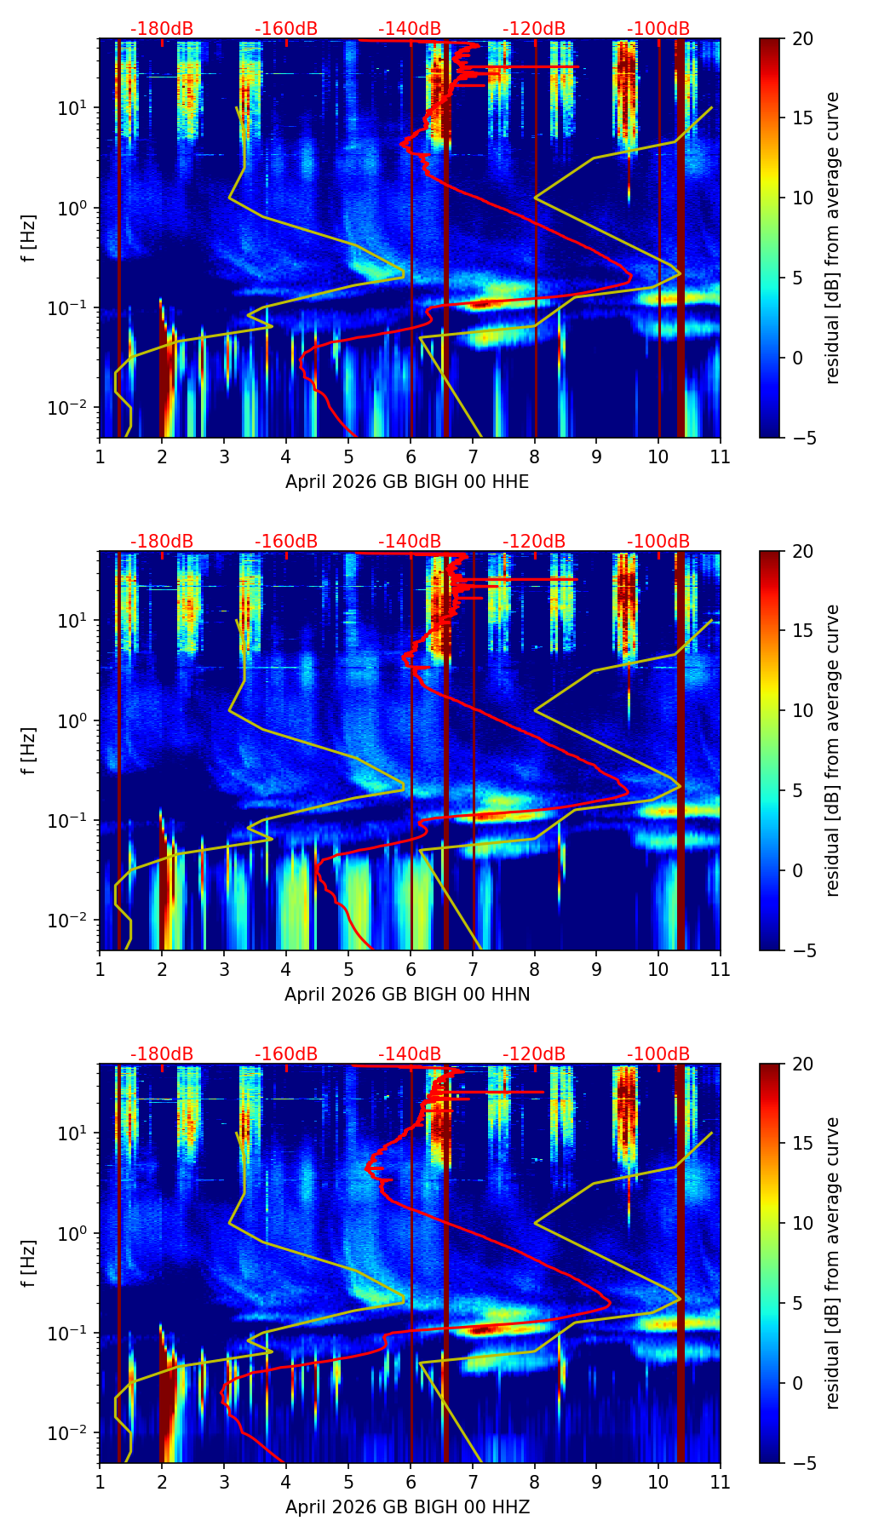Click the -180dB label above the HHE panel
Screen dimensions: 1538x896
point(162,29)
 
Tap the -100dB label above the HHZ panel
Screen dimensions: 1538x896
point(658,1054)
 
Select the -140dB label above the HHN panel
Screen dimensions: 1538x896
point(410,542)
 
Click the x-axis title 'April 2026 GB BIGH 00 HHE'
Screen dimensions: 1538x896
point(407,482)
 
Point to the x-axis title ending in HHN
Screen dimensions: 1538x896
point(407,995)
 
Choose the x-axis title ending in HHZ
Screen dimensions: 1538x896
point(407,1507)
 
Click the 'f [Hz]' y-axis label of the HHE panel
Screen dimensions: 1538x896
point(29,238)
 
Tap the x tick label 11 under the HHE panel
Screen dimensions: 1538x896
point(720,456)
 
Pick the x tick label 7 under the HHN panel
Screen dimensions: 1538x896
point(473,969)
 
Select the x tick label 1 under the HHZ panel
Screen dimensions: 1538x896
point(100,1482)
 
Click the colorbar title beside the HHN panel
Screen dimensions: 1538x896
point(832,750)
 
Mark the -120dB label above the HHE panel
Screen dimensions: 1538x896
point(534,29)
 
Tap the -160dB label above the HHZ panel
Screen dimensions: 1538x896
point(286,1054)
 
